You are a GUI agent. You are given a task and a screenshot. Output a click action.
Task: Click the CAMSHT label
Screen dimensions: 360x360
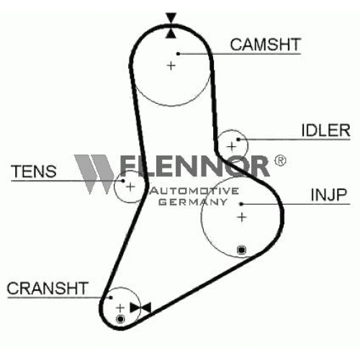266,45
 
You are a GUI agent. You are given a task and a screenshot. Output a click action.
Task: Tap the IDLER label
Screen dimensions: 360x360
325,130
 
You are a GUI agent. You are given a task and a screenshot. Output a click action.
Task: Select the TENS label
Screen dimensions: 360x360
34,171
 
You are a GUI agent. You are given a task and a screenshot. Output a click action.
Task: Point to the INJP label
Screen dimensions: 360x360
329,194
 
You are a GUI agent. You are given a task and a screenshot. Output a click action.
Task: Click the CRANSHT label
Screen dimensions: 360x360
48,288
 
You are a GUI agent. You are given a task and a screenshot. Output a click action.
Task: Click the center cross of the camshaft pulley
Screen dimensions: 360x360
171,66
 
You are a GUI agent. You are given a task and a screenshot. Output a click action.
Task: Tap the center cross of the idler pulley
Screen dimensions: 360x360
232,146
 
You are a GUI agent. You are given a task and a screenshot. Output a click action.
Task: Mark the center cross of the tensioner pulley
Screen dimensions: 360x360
130,186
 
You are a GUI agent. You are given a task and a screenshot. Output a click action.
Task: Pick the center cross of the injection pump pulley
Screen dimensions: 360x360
242,217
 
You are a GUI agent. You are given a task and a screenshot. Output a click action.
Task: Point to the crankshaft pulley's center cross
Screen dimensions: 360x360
120,308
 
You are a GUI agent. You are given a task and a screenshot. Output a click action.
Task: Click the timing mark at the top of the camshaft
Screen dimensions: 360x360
171,26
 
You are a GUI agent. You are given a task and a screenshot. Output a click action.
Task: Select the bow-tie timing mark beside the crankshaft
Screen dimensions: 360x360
140,307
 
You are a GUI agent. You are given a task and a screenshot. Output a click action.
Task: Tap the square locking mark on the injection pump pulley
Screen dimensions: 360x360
241,250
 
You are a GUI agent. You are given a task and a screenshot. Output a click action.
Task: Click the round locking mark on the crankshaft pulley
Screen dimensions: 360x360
120,319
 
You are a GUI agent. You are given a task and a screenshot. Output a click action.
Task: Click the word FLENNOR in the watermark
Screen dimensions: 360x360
194,166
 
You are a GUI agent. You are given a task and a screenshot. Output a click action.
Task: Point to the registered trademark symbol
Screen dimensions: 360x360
280,161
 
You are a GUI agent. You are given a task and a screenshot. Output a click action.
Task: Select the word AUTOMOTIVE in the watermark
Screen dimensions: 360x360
194,191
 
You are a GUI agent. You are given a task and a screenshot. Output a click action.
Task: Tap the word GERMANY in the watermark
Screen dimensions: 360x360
193,202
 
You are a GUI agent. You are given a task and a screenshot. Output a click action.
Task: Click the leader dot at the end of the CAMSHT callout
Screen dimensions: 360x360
178,53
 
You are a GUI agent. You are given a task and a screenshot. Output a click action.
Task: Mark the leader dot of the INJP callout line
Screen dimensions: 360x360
241,204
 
